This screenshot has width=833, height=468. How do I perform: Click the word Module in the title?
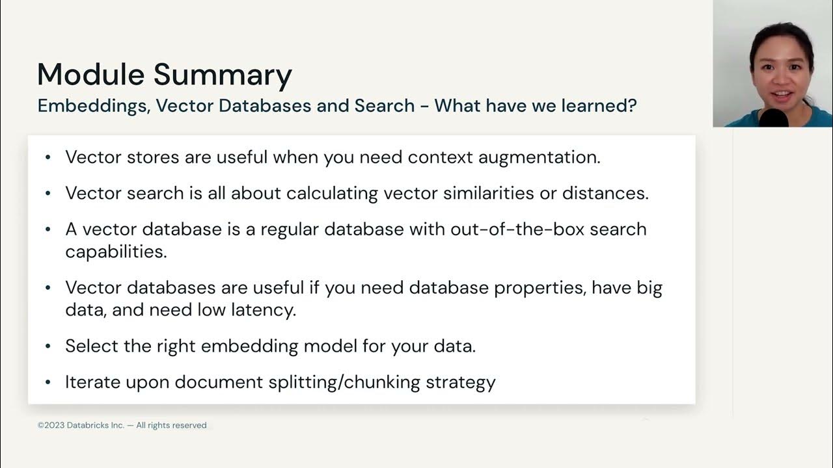[90, 74]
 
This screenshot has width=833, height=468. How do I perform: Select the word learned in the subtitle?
[596, 105]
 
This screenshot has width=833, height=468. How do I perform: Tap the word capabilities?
[116, 252]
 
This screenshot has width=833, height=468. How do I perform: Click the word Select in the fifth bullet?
[92, 346]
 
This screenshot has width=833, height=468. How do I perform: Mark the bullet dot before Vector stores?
[48, 158]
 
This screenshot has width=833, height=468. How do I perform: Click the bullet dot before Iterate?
[48, 382]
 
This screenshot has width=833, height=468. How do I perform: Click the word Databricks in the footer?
[88, 425]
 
